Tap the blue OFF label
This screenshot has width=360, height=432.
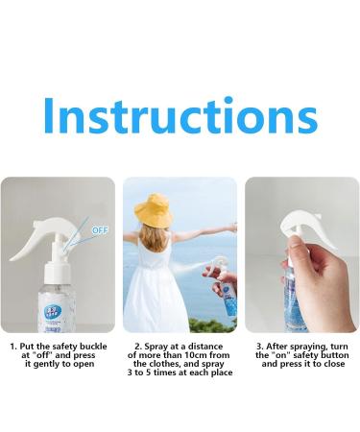coord(100,229)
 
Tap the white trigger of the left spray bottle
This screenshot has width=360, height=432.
coord(70,252)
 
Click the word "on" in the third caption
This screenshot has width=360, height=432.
coord(276,355)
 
